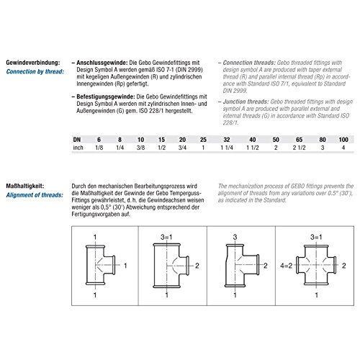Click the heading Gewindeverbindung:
coord(32,63)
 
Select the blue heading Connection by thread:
coord(35,71)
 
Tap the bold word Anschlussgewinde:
coord(102,63)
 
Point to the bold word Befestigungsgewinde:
coord(106,96)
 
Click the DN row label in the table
coord(77,140)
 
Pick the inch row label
coord(78,148)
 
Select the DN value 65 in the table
coord(299,140)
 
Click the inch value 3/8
coord(140,148)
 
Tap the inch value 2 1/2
coord(299,148)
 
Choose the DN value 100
coord(343,140)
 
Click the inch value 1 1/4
coord(227,148)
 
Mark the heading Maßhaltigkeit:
coord(25,186)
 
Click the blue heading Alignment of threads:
coord(35,195)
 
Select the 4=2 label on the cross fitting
coord(287,266)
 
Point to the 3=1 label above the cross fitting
coord(316,237)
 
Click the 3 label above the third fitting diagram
coord(235,237)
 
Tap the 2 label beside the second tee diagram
coord(197,266)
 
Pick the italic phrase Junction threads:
coord(246,102)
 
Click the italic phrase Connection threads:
coord(249,63)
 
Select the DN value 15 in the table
coord(161,140)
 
